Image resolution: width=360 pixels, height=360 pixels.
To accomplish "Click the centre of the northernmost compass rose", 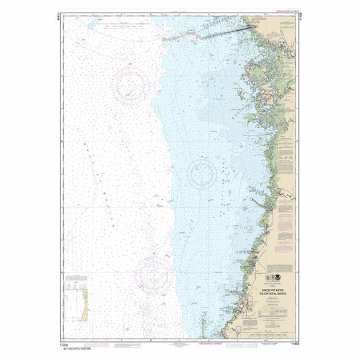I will (x=131, y=84).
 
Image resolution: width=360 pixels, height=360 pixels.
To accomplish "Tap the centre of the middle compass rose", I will (x=202, y=172).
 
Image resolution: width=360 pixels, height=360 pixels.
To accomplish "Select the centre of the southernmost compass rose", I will (x=154, y=272).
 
